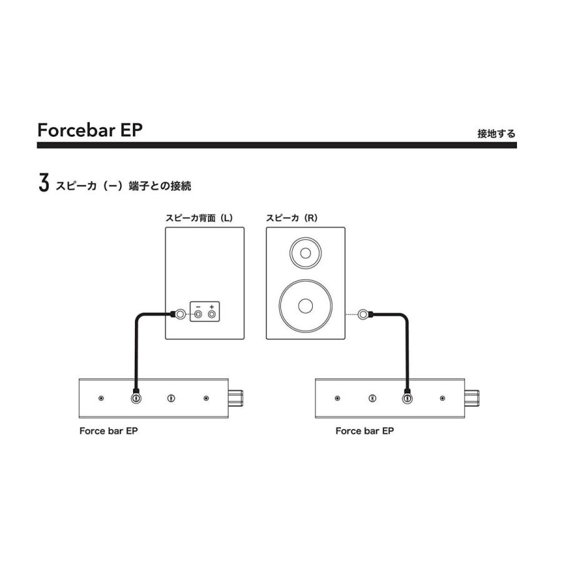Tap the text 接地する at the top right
coord(496,134)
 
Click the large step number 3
coord(43,184)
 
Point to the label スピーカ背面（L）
coord(199,218)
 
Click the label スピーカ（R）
coord(292,218)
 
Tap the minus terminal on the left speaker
coord(198,314)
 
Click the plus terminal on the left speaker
coord(212,314)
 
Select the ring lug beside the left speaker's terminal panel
coord(179,314)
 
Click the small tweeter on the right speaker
coord(305,254)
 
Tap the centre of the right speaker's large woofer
coord(305,305)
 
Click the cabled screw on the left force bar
coord(136,398)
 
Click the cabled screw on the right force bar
coord(407,398)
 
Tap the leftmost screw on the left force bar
coord(101,398)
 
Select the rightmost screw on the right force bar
coord(442,398)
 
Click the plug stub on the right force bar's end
coord(471,398)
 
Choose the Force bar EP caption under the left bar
coord(108,431)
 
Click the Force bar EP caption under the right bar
coord(365,431)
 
